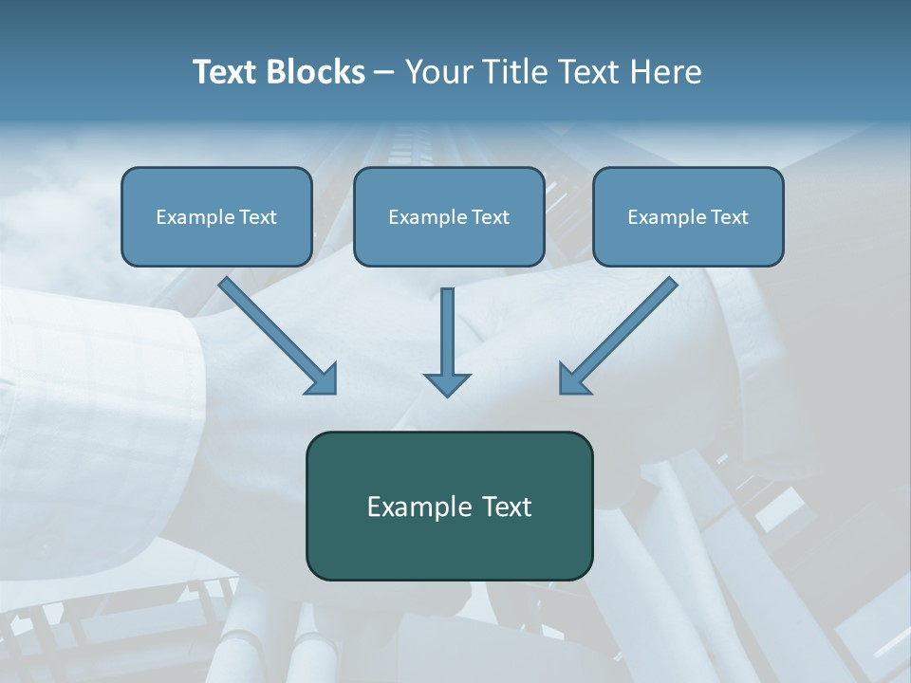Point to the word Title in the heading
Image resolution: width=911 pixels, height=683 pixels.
click(512, 72)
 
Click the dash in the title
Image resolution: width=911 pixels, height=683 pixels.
click(384, 73)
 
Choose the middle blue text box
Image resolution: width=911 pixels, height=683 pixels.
click(449, 241)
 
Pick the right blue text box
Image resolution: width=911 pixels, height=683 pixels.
click(688, 241)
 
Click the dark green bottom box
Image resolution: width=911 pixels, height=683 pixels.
click(449, 541)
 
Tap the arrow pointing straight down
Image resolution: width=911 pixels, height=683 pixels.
click(447, 332)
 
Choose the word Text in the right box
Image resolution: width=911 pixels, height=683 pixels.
click(729, 217)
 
